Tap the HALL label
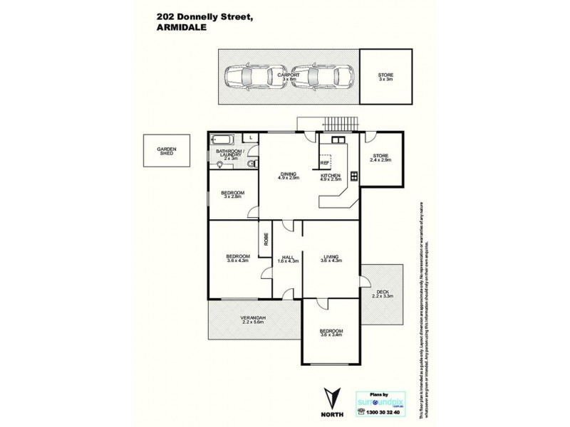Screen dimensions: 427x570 click(288, 257)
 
